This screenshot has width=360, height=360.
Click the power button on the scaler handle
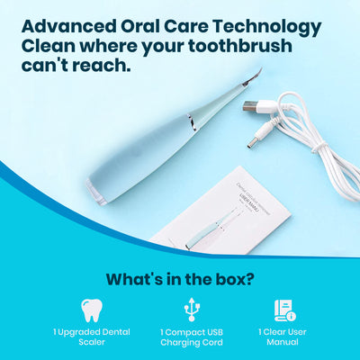click(191, 121)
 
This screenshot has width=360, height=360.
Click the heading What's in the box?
click(179, 278)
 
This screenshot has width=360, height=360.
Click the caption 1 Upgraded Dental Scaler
click(91, 337)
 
